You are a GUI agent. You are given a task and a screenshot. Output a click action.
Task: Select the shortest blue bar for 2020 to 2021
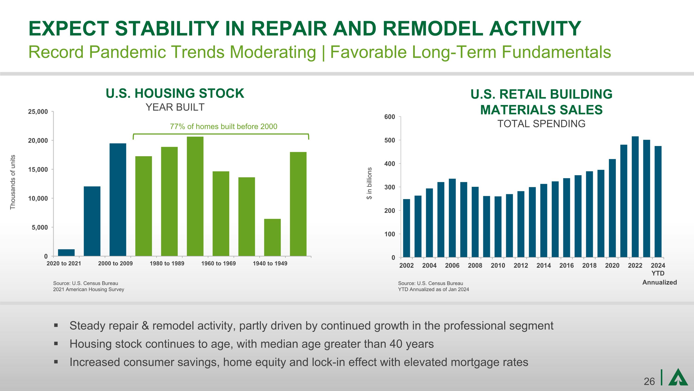[x=66, y=253]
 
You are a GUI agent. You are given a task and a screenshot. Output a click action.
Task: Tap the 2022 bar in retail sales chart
[x=635, y=197]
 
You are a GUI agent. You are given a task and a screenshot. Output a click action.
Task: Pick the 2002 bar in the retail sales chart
[x=406, y=228]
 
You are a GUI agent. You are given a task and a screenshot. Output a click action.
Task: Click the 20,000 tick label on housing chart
[x=38, y=141]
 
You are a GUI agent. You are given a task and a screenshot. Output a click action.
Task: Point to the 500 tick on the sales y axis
[x=390, y=140]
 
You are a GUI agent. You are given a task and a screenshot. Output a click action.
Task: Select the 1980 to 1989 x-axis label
[x=167, y=263]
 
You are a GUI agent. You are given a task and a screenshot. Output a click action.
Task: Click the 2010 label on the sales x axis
[x=498, y=266]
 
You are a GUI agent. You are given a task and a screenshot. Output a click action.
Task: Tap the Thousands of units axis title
[x=13, y=182]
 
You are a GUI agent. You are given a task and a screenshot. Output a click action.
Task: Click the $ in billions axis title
[x=369, y=183]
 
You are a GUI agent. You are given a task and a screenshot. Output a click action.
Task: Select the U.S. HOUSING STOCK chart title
[x=175, y=93]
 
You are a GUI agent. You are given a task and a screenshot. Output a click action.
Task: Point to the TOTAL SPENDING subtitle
[x=541, y=124]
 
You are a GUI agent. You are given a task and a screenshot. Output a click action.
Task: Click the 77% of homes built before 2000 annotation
[x=223, y=126]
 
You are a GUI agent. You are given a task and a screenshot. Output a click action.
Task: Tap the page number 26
[x=649, y=381]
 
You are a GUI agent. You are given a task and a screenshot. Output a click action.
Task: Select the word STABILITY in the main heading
[x=167, y=28]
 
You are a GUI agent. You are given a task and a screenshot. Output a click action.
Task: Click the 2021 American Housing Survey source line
[x=89, y=289]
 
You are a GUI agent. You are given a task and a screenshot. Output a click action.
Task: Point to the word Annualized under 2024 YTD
[x=660, y=282]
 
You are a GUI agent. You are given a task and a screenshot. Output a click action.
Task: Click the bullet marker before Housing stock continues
[x=56, y=344]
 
